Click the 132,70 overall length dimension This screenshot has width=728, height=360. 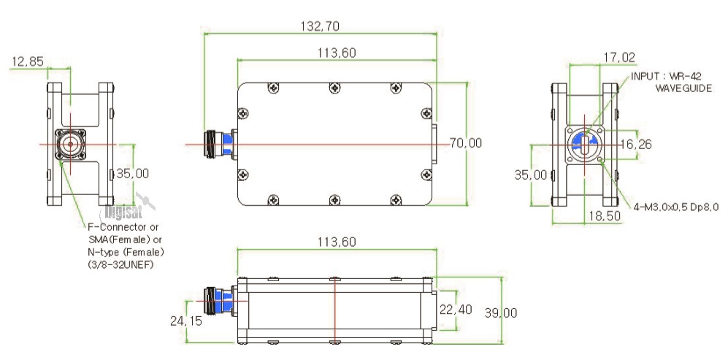(319, 26)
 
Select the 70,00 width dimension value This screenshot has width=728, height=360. (465, 143)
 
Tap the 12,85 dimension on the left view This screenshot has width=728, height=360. (26, 62)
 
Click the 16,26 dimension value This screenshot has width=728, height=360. (635, 144)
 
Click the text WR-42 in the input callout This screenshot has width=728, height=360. (683, 75)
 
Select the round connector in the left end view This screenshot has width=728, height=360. (70, 145)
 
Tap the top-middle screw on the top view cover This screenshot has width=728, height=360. (334, 88)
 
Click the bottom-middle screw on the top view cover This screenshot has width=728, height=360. (334, 199)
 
